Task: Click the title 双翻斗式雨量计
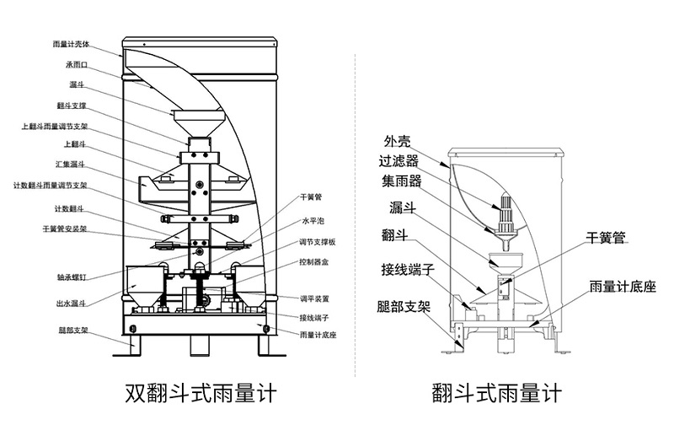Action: [200, 394]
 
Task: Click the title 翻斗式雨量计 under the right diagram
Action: [496, 394]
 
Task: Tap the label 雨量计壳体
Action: [71, 44]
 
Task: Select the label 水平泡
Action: [313, 221]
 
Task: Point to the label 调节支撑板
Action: [317, 242]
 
